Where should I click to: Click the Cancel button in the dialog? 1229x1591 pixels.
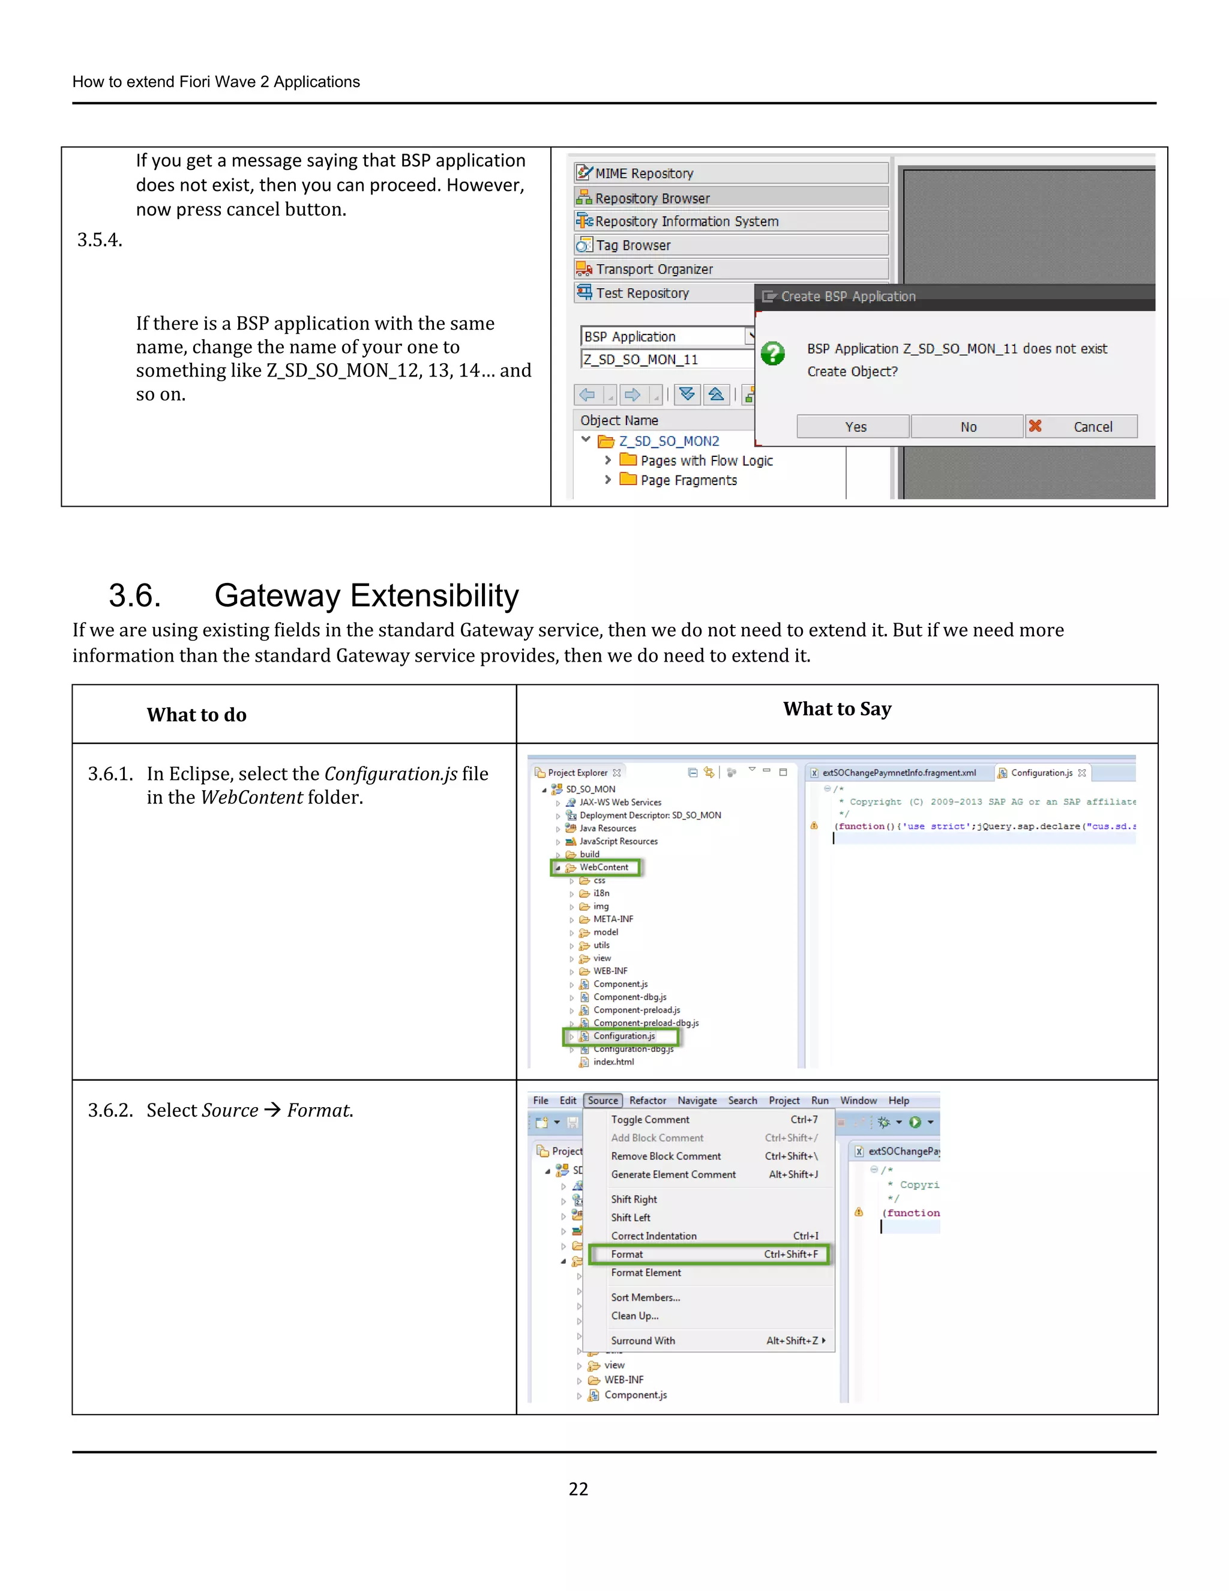(x=1081, y=427)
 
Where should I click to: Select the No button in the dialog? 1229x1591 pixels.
(x=967, y=427)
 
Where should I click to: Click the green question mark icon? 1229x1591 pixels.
(x=772, y=354)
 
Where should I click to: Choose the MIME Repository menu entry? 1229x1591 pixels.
(x=644, y=174)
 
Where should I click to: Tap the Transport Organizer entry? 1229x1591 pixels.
(x=654, y=269)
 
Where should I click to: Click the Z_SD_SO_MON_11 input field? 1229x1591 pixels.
(x=666, y=359)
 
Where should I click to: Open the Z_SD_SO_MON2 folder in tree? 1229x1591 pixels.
(x=669, y=441)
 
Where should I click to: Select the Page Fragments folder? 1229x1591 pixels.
(x=688, y=480)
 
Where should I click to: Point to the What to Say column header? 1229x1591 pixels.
(x=837, y=709)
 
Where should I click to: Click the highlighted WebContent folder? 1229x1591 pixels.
(x=603, y=867)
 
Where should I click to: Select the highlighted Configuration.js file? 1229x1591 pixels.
(x=624, y=1036)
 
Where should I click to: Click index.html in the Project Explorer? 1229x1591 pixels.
(x=613, y=1061)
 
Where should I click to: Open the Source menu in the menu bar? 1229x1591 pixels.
(x=602, y=1100)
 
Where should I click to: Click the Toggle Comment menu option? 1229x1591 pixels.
(x=649, y=1120)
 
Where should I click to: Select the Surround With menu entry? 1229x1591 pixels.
(x=643, y=1341)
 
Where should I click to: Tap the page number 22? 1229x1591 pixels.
(x=578, y=1488)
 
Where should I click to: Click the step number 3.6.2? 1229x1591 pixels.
(x=110, y=1110)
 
